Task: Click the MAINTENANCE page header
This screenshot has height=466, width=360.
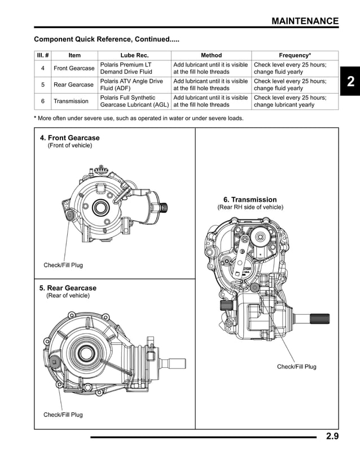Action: coord(305,21)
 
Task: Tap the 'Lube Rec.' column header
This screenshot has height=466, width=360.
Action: coord(134,55)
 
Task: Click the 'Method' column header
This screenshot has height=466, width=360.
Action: coord(211,55)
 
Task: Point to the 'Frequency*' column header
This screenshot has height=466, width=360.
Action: coord(295,55)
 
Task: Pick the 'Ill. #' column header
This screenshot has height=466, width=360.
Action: coord(42,55)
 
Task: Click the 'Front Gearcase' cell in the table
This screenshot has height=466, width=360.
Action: coord(74,68)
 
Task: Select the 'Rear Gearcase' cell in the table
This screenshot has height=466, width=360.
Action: coord(73,85)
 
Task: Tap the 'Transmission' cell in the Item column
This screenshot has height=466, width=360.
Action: coord(71,101)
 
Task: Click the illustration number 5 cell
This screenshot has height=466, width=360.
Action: coord(42,85)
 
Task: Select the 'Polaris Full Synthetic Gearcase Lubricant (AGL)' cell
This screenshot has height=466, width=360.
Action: coord(134,101)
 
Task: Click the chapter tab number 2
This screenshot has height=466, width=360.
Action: coord(350,82)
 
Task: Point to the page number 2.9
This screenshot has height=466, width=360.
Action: coord(332,436)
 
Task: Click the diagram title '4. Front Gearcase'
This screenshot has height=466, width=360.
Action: coord(69,138)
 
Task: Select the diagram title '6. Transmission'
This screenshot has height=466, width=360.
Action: coord(250,200)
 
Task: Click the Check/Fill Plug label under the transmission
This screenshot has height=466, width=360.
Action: coord(296,367)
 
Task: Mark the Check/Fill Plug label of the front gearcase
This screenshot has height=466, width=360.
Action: coord(63,265)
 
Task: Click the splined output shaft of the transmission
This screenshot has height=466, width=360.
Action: coord(319,319)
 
